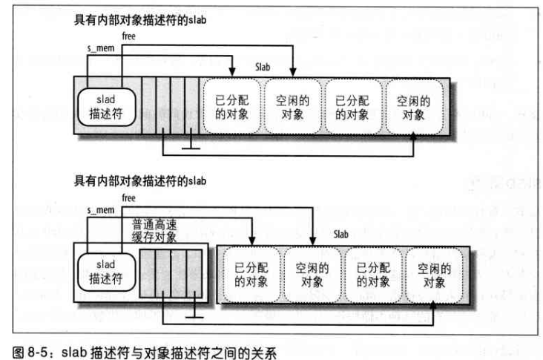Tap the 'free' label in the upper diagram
[x=128, y=35]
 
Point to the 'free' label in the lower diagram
[x=128, y=198]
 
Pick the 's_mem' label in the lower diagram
[x=99, y=211]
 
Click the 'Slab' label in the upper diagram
[x=264, y=67]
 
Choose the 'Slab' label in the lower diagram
[x=342, y=234]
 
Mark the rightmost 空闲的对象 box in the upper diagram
[x=412, y=106]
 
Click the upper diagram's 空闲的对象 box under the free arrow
[x=292, y=106]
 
